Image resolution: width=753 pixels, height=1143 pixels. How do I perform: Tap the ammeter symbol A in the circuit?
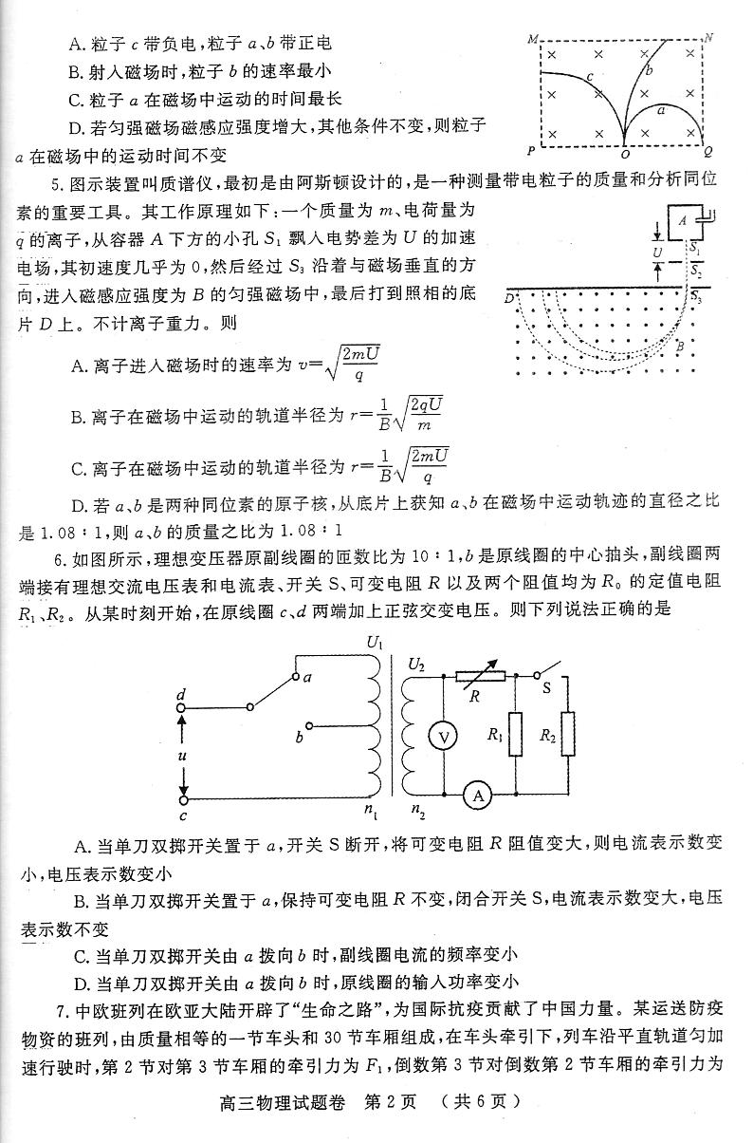(x=479, y=796)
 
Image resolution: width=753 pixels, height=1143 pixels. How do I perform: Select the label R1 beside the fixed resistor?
(x=494, y=734)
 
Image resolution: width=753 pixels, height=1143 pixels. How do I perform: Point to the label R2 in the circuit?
(x=547, y=734)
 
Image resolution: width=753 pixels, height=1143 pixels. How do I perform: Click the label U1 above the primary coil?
(x=374, y=643)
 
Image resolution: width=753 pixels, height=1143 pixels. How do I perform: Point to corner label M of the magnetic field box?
(x=532, y=39)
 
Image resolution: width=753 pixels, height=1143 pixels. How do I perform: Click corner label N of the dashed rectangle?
(x=707, y=39)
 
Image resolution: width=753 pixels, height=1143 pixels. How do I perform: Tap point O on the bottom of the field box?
(x=624, y=151)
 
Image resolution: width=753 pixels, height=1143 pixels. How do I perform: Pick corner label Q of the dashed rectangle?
(x=707, y=151)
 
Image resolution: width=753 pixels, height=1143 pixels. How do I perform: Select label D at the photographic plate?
(x=509, y=298)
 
